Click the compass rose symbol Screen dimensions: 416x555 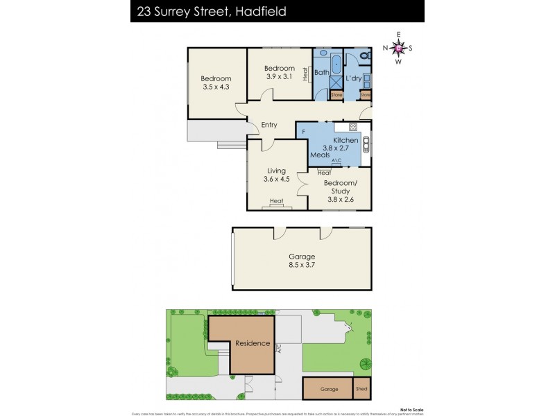(x=398, y=48)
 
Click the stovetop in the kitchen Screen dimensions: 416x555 (x=352, y=127)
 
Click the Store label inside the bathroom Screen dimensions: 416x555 (x=336, y=94)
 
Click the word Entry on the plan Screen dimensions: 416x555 (x=269, y=125)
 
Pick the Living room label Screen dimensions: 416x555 (x=277, y=171)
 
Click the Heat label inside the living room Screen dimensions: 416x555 (x=277, y=202)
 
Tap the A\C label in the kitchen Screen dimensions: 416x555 (x=336, y=161)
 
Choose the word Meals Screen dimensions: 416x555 (x=320, y=155)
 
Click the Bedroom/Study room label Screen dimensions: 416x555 (x=340, y=187)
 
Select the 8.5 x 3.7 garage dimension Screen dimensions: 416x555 (x=302, y=266)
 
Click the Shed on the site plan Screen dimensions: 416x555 (x=361, y=389)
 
